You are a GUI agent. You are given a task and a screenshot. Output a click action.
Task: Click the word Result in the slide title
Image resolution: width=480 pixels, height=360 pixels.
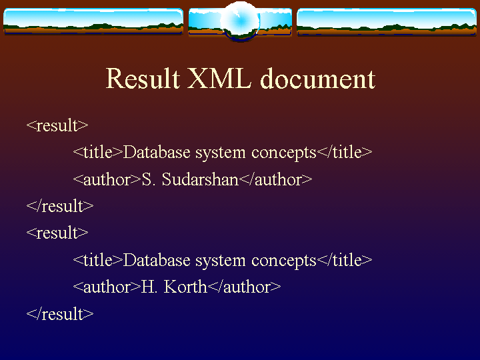[x=143, y=79]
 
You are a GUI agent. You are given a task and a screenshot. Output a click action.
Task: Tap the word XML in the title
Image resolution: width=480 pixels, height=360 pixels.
[x=219, y=79]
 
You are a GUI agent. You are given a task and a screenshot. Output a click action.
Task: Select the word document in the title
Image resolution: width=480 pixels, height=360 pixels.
[x=317, y=79]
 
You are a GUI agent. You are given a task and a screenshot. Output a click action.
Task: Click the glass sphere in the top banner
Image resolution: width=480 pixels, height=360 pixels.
[x=240, y=21]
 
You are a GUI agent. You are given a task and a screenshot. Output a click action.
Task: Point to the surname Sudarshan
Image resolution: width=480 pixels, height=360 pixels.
[x=200, y=179]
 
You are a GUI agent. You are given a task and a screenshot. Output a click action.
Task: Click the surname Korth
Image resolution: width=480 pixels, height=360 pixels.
[x=185, y=287]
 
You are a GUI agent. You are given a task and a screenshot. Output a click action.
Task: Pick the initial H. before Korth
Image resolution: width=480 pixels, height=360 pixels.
[x=149, y=287]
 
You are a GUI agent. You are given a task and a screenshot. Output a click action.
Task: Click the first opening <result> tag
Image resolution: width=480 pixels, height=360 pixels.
[x=57, y=125]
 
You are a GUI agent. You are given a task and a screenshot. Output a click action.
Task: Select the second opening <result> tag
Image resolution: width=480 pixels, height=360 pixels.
[x=57, y=233]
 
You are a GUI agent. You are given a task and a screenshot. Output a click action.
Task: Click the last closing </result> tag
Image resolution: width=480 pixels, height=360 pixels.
[x=60, y=314]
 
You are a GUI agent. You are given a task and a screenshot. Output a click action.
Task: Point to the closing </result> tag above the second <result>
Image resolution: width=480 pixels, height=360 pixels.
[x=60, y=206]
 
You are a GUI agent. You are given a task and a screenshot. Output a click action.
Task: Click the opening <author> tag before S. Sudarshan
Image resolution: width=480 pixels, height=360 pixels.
[x=107, y=179]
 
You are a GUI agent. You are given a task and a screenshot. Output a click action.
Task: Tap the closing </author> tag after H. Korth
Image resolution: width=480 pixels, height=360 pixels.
[x=244, y=287]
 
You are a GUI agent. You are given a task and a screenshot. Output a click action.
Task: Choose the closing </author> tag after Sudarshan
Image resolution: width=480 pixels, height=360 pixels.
[x=275, y=179]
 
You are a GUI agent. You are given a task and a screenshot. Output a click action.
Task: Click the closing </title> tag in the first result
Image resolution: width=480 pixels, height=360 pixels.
[x=345, y=152]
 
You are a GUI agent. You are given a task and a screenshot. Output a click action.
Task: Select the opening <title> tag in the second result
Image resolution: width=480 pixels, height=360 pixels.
[x=98, y=260]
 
